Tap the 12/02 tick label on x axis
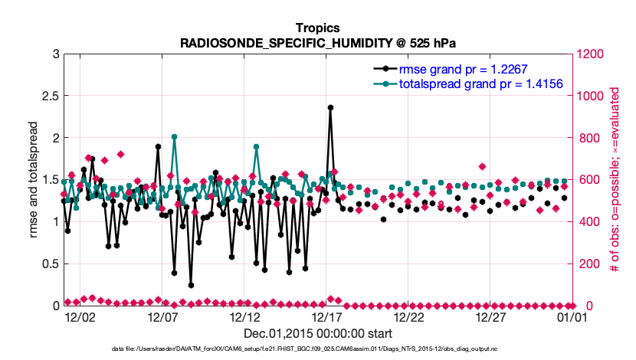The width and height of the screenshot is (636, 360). point(80,316)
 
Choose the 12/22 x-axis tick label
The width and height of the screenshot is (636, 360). point(408,316)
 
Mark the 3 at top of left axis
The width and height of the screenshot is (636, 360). point(54,54)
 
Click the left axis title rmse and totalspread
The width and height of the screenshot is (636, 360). point(34,179)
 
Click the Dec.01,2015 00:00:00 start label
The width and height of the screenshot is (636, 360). point(317,334)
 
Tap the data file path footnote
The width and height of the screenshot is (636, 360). point(317,349)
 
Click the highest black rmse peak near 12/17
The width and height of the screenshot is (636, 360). point(330,108)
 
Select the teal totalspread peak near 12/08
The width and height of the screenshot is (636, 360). point(174,137)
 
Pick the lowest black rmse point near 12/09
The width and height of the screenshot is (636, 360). point(191,285)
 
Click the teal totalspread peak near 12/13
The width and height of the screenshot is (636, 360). point(256,147)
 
